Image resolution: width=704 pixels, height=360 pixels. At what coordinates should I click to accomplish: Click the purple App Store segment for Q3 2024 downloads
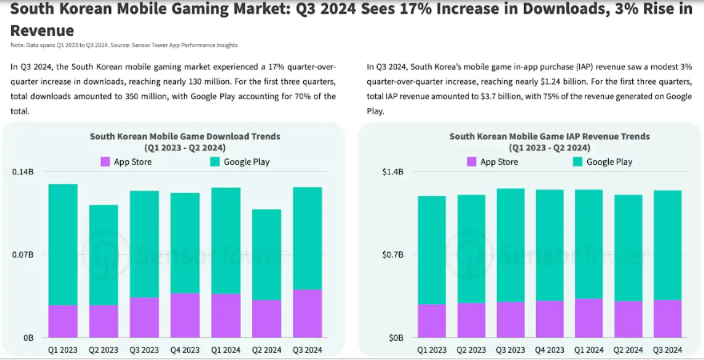308,313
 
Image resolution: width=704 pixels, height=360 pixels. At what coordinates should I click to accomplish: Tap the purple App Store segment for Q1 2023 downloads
63,321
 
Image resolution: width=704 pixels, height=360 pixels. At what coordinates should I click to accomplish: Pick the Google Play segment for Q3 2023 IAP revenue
510,245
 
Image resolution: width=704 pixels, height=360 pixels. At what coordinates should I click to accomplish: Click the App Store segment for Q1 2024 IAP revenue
589,318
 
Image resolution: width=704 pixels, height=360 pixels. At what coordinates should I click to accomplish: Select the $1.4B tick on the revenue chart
391,172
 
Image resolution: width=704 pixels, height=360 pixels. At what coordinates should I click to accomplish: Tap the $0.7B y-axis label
391,255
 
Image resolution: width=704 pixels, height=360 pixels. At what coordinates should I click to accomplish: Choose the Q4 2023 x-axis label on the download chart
186,350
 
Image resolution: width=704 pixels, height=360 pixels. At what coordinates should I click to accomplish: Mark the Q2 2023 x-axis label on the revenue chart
471,350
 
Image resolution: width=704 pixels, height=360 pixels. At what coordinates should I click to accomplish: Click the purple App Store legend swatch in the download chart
105,162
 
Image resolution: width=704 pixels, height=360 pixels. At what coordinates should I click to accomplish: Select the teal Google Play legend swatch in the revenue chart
578,162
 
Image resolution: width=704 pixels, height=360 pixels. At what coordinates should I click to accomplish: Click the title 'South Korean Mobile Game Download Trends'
185,137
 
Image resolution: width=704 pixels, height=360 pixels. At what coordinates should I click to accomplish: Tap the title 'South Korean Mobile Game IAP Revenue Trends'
550,137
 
